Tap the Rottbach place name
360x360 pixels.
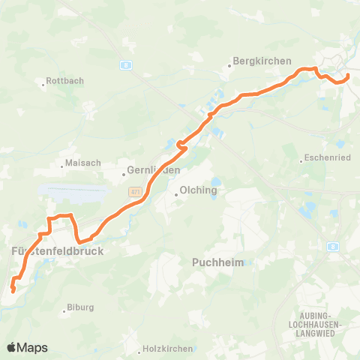[x=65, y=80]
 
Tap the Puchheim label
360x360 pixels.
[x=214, y=262]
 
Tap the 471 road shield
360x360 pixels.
[x=135, y=192]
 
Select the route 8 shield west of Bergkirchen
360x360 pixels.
[x=126, y=64]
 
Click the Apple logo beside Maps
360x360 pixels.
[x=11, y=347]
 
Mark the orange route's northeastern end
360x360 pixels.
[x=348, y=76]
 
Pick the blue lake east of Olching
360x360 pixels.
[x=216, y=182]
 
